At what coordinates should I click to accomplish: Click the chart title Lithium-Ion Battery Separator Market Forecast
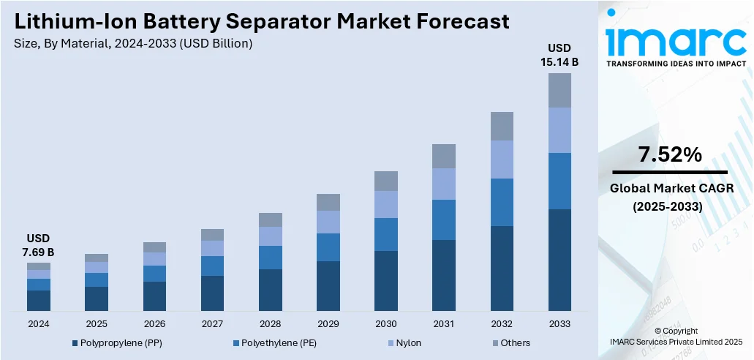tap(262, 21)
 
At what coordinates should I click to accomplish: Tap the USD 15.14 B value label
tap(559, 55)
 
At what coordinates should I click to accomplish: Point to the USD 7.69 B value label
tap(38, 245)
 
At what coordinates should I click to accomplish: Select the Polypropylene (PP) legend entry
tap(116, 342)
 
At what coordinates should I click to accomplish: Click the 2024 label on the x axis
tap(39, 323)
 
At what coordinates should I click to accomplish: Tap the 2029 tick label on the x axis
tap(328, 323)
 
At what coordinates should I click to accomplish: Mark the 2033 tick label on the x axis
tap(559, 323)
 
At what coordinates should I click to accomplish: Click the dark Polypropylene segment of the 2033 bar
tap(559, 260)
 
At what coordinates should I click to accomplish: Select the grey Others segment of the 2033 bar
tap(559, 90)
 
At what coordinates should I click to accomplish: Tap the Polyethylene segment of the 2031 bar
tap(444, 220)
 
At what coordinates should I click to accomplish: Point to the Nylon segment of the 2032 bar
tap(502, 160)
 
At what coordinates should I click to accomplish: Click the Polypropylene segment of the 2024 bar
tap(39, 301)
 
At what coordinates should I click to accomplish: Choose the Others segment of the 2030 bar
tap(386, 181)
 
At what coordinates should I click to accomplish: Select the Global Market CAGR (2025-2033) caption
tap(668, 198)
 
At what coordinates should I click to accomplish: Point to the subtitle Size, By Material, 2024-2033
tap(133, 44)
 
